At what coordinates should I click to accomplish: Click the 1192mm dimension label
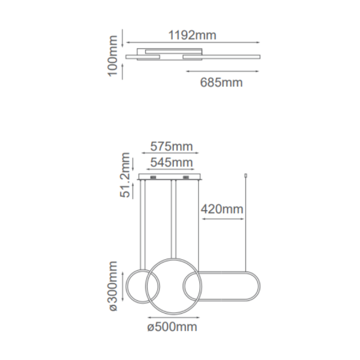(193, 35)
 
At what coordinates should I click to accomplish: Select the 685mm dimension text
(221, 82)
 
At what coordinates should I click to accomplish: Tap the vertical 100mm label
(113, 56)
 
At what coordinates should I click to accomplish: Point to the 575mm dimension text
(171, 146)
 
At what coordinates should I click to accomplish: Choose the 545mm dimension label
(171, 163)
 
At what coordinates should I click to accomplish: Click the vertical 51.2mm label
(125, 175)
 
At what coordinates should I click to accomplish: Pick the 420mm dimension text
(222, 209)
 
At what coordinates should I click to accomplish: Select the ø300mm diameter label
(113, 286)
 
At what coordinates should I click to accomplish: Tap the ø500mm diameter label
(172, 327)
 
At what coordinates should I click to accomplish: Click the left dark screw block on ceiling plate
(153, 177)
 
